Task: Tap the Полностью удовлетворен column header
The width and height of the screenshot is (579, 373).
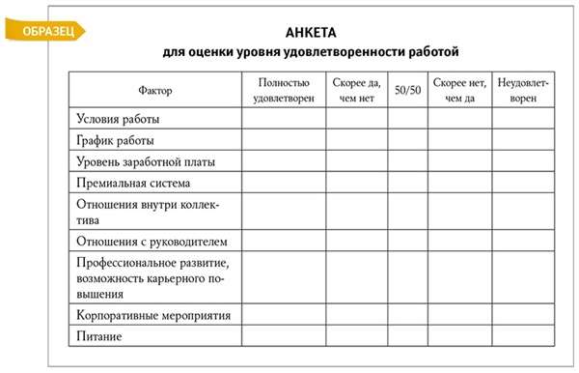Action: pyautogui.click(x=283, y=90)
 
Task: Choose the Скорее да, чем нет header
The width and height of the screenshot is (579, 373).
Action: pyautogui.click(x=358, y=90)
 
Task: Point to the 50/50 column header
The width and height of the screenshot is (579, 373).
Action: pyautogui.click(x=408, y=90)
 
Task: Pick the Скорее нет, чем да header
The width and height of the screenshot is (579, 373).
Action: pyautogui.click(x=459, y=90)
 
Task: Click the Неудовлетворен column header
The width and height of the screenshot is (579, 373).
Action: pyautogui.click(x=523, y=90)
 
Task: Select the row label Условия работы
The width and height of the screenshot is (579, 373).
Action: pyautogui.click(x=118, y=119)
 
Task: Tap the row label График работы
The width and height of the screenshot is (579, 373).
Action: pyautogui.click(x=114, y=140)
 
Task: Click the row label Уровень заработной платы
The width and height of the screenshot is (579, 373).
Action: pyautogui.click(x=145, y=161)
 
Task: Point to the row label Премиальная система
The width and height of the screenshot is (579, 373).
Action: pyautogui.click(x=132, y=182)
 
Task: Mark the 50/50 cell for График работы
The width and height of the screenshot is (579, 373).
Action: pyautogui.click(x=408, y=140)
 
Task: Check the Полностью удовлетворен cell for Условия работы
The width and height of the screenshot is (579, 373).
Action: pyautogui.click(x=283, y=119)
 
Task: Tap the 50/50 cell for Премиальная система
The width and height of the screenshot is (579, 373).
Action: pyautogui.click(x=408, y=182)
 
